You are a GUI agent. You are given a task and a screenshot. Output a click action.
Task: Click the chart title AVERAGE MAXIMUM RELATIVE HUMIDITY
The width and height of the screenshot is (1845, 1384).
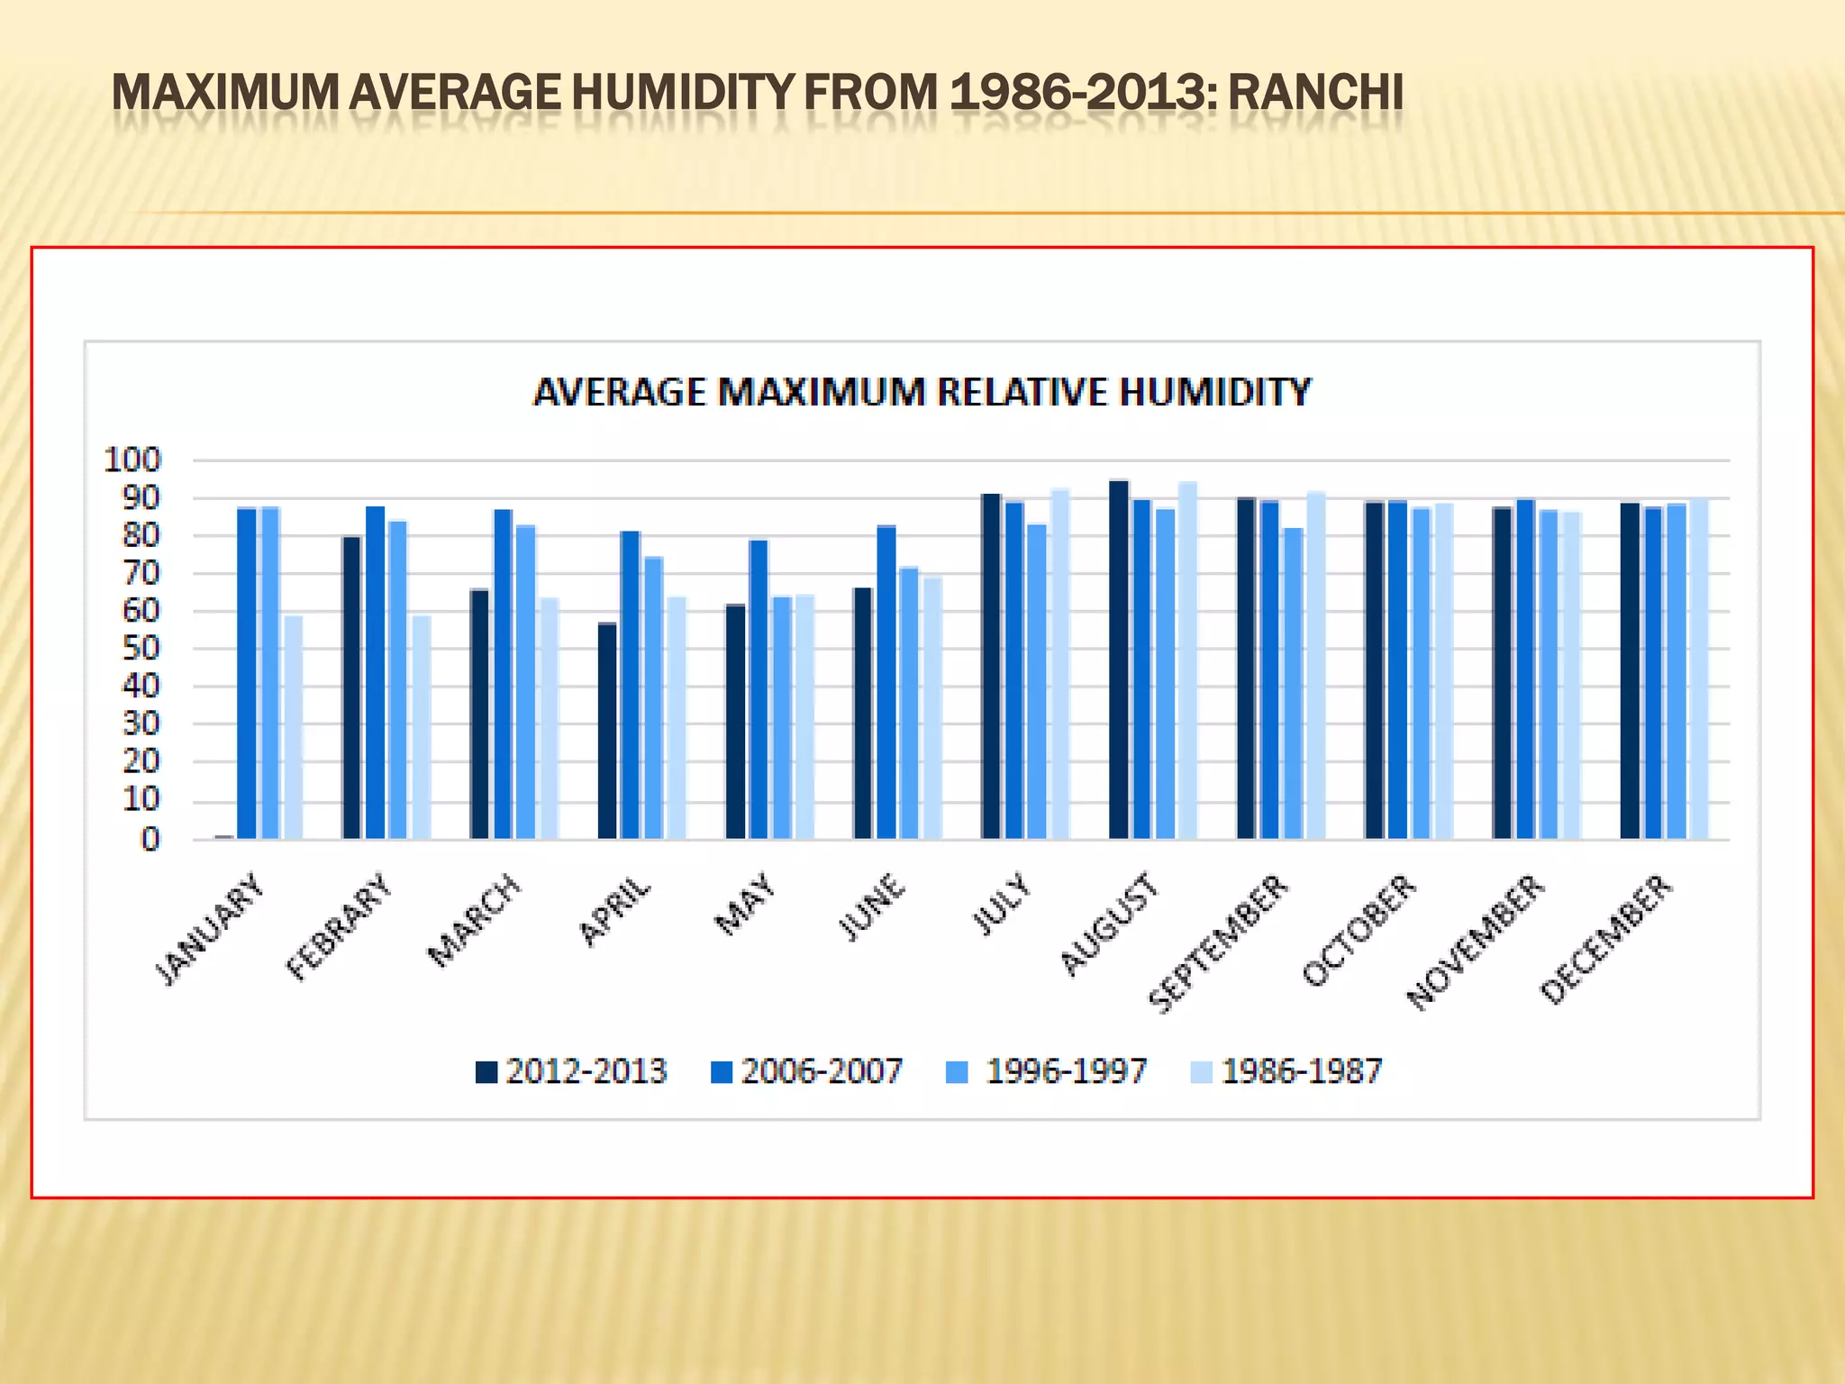[x=922, y=393]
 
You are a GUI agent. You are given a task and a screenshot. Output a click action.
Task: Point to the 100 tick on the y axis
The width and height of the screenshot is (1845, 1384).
[x=132, y=460]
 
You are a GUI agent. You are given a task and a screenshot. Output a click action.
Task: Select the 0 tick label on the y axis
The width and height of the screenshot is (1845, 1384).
[x=150, y=840]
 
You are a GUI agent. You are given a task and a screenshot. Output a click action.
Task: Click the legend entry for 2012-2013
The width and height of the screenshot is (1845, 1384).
[x=571, y=1071]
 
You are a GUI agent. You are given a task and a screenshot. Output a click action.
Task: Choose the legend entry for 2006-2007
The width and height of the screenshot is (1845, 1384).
[x=807, y=1071]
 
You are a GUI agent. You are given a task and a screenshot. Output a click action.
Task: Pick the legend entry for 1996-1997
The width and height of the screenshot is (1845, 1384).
[x=1047, y=1071]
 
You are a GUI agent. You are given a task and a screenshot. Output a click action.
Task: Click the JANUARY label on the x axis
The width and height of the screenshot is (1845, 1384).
[x=213, y=929]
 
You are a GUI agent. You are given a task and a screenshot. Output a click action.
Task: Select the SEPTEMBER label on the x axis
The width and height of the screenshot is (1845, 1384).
[x=1218, y=943]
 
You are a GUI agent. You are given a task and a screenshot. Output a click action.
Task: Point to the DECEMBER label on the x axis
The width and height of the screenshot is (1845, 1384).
[x=1606, y=938]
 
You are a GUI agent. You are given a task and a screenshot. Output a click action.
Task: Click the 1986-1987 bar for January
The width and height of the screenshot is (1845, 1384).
[x=293, y=728]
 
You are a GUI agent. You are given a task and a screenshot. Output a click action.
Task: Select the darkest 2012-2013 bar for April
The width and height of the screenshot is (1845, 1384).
[x=607, y=731]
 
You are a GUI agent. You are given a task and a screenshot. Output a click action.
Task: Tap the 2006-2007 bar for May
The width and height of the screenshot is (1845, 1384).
[x=759, y=689]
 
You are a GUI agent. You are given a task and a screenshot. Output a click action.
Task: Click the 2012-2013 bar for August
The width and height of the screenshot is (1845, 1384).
[x=1119, y=660]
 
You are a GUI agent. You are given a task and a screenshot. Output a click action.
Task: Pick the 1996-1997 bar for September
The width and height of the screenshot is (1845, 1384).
[x=1293, y=683]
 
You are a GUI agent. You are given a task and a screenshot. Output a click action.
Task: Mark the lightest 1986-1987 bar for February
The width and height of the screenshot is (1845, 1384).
[x=421, y=728]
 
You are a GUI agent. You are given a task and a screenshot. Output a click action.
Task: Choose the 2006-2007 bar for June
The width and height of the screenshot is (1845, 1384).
[x=886, y=682]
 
